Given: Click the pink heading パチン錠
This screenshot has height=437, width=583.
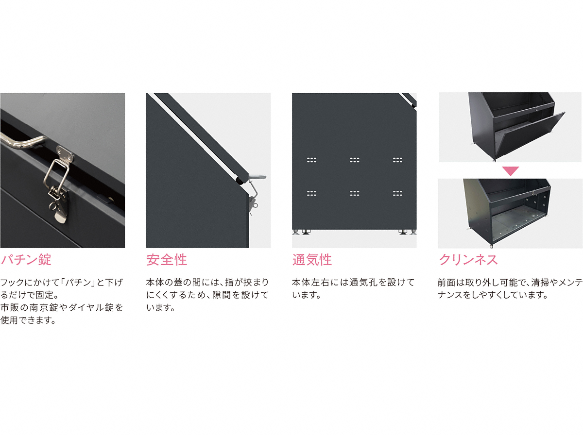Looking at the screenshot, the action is [x=26, y=260].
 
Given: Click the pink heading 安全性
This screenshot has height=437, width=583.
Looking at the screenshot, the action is [x=167, y=260].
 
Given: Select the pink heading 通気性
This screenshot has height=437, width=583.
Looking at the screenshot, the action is [x=312, y=260].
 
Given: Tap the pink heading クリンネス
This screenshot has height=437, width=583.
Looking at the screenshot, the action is [x=468, y=260].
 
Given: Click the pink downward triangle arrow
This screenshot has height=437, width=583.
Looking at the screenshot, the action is [x=510, y=171].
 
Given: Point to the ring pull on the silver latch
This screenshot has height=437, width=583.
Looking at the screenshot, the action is [x=52, y=205].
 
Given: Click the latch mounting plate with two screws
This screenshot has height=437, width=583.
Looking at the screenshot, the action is [x=65, y=153].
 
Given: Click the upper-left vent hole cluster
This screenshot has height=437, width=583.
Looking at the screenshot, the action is [x=311, y=160].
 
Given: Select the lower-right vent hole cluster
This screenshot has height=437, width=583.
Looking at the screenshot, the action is [x=397, y=193].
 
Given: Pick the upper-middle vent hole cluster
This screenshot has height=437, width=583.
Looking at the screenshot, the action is [x=355, y=160].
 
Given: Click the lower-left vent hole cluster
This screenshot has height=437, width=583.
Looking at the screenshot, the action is [x=311, y=193].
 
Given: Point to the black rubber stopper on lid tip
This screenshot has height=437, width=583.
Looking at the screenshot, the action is [x=240, y=181].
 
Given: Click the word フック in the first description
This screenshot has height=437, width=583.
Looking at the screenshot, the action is [x=12, y=282].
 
